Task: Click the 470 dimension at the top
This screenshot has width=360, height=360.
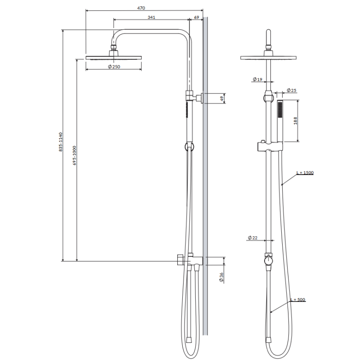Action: tap(141, 8)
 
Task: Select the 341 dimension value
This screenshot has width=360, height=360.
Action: tap(151, 17)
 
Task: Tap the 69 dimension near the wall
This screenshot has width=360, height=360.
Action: tap(197, 17)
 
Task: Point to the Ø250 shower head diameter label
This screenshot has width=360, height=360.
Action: tap(114, 67)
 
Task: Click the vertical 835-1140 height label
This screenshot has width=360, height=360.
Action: tap(61, 142)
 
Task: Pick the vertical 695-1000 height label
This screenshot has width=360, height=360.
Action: tap(74, 155)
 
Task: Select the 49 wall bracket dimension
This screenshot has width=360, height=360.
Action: tap(222, 98)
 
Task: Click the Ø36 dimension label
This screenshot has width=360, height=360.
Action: tap(221, 277)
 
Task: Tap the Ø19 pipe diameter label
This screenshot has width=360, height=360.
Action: tap(257, 79)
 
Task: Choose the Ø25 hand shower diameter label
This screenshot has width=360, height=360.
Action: tap(292, 90)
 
